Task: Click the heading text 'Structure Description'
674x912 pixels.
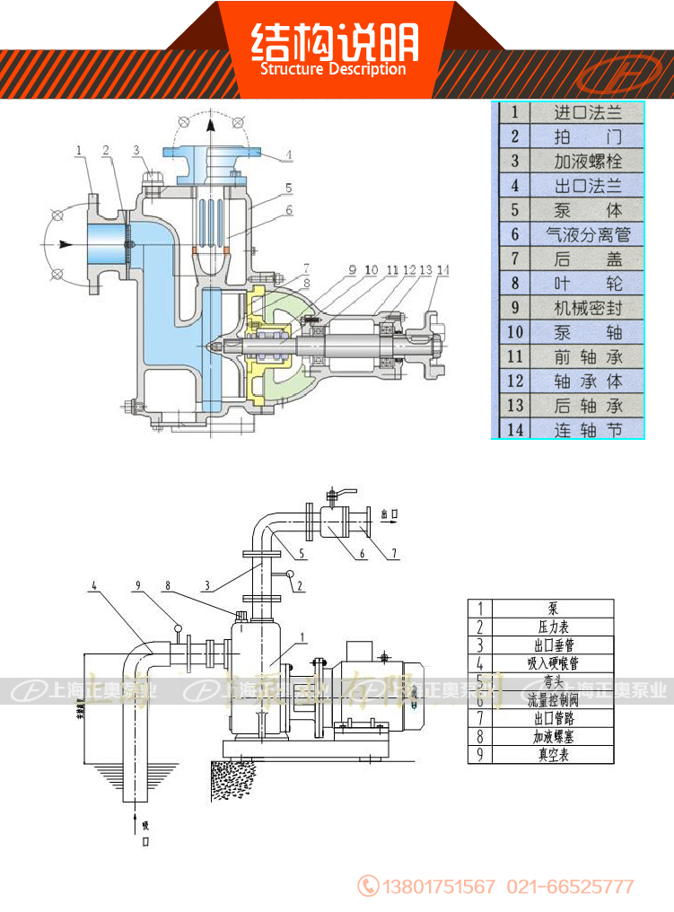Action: coord(333,69)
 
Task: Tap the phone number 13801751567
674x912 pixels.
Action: coord(439,887)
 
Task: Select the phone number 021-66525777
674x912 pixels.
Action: coord(571,887)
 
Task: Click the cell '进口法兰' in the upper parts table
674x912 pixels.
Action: coord(588,113)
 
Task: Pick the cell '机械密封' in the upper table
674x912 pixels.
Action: coord(588,308)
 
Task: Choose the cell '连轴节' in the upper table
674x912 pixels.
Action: coord(588,429)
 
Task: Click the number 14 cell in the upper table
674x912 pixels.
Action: coord(515,429)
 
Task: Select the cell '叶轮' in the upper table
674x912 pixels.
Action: coord(588,284)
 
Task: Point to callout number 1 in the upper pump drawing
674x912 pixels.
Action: coord(79,150)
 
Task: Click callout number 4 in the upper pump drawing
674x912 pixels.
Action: coord(289,155)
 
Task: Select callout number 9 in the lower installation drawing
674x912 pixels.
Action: coord(138,586)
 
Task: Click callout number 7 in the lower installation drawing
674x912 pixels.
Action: coord(393,554)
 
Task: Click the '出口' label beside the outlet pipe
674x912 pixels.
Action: coord(389,514)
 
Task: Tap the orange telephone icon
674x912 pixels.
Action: coord(368,886)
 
